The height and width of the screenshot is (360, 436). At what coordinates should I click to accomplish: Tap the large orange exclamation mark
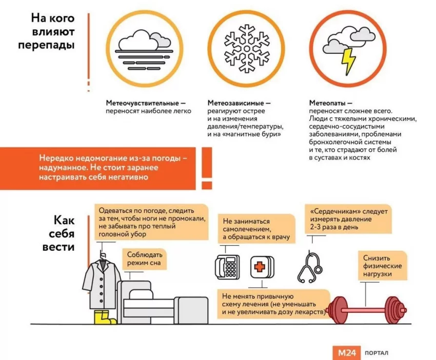(x=207, y=167)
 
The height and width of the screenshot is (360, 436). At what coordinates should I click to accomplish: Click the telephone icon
(x=227, y=267)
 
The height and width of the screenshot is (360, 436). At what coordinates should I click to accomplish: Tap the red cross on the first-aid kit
(x=261, y=268)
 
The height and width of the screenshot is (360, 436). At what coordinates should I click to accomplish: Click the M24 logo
(x=346, y=352)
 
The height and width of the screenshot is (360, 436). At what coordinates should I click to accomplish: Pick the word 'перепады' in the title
(x=46, y=45)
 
